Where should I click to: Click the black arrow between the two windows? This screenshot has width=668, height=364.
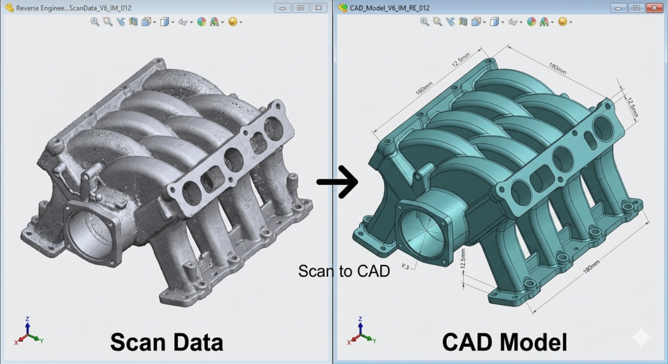pos(337,182)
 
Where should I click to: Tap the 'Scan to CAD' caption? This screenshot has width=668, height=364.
pos(344,271)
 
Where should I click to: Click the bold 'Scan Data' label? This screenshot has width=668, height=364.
pos(166,343)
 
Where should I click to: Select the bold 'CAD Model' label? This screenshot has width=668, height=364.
pos(504,343)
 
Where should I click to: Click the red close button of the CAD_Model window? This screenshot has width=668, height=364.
pos(654,8)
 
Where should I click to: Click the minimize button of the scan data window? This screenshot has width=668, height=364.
pos(282,8)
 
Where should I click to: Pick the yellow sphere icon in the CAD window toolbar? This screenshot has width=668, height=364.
pos(562,21)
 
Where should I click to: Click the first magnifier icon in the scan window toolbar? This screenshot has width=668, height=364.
pos(95,21)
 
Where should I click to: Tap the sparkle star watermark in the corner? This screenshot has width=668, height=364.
pos(642,338)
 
